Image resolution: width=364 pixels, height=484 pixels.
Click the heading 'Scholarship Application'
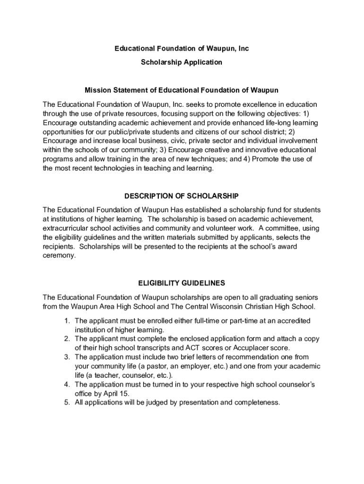pyautogui.click(x=182, y=62)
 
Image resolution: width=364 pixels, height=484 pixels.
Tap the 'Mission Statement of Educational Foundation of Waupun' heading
pyautogui.click(x=182, y=90)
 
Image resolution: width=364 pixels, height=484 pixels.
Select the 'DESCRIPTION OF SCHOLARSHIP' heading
pyautogui.click(x=182, y=196)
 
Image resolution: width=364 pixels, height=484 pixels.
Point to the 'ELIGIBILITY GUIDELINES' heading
pyautogui.click(x=182, y=283)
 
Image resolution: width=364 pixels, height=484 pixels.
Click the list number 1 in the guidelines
pyautogui.click(x=67, y=321)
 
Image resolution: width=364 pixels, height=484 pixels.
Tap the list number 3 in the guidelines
pyautogui.click(x=67, y=357)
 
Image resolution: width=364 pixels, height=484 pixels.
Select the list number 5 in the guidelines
pyautogui.click(x=67, y=403)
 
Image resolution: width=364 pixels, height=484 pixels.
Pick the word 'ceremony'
pyautogui.click(x=59, y=255)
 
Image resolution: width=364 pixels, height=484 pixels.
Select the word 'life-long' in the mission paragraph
pyautogui.click(x=280, y=122)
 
